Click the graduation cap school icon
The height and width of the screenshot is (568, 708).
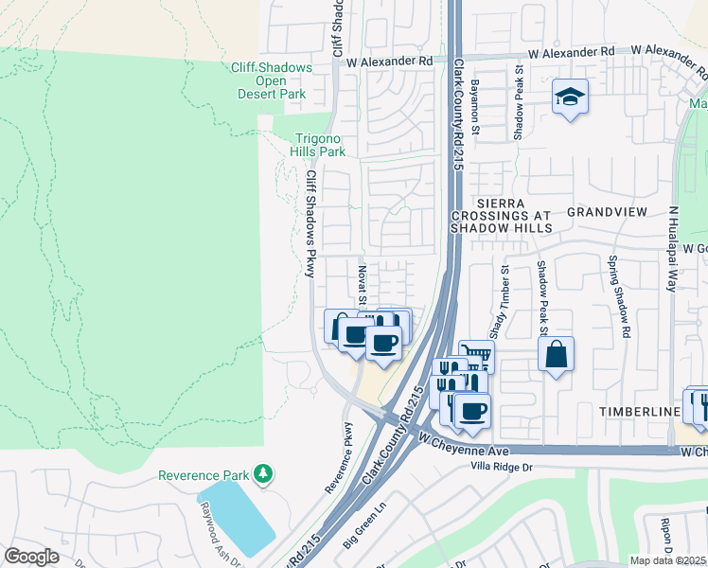(x=570, y=97)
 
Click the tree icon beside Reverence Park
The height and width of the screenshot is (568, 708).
(x=267, y=474)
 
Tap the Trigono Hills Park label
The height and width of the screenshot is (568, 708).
(x=319, y=145)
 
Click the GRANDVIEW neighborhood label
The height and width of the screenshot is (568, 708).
(x=606, y=213)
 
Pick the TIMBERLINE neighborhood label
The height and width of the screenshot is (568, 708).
(x=640, y=412)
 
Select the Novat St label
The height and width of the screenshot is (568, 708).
(x=363, y=281)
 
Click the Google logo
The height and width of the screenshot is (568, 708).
(x=31, y=557)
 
